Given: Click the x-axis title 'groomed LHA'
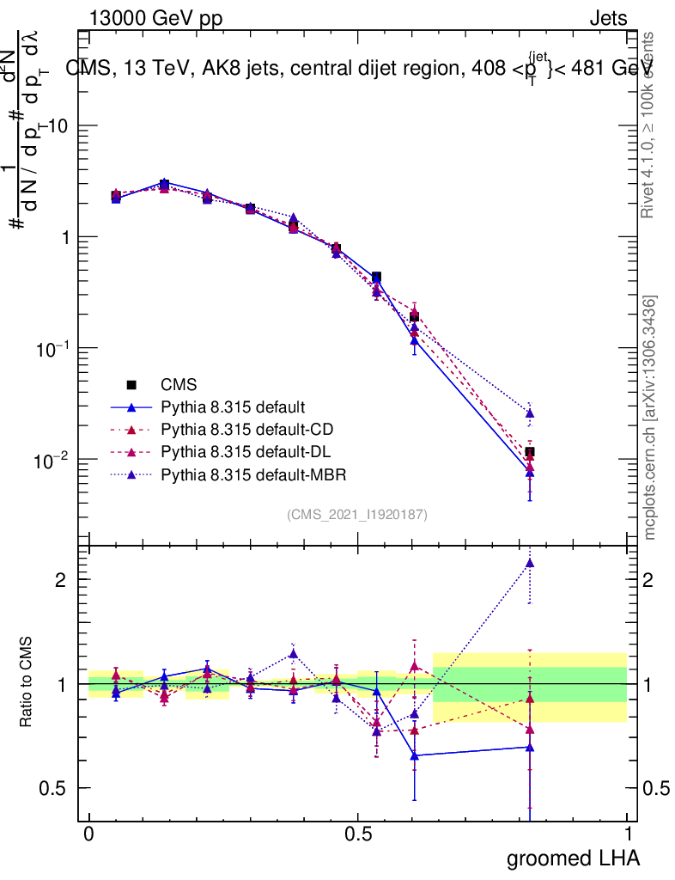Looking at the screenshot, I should (573, 858).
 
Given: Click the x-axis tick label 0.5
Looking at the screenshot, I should (358, 834).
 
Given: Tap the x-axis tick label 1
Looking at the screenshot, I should (628, 834).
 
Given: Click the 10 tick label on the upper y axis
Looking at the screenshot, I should (60, 125).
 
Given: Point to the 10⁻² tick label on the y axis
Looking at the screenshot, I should (53, 460).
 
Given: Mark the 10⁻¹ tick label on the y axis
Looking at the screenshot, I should (53, 348).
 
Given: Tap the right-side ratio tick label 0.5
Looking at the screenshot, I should (655, 788).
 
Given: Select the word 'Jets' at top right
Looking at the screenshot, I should (607, 18).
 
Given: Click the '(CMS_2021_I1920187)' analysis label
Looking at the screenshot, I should (357, 514).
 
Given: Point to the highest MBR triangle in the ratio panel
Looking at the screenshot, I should (530, 564).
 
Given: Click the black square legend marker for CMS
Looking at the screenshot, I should (131, 385).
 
